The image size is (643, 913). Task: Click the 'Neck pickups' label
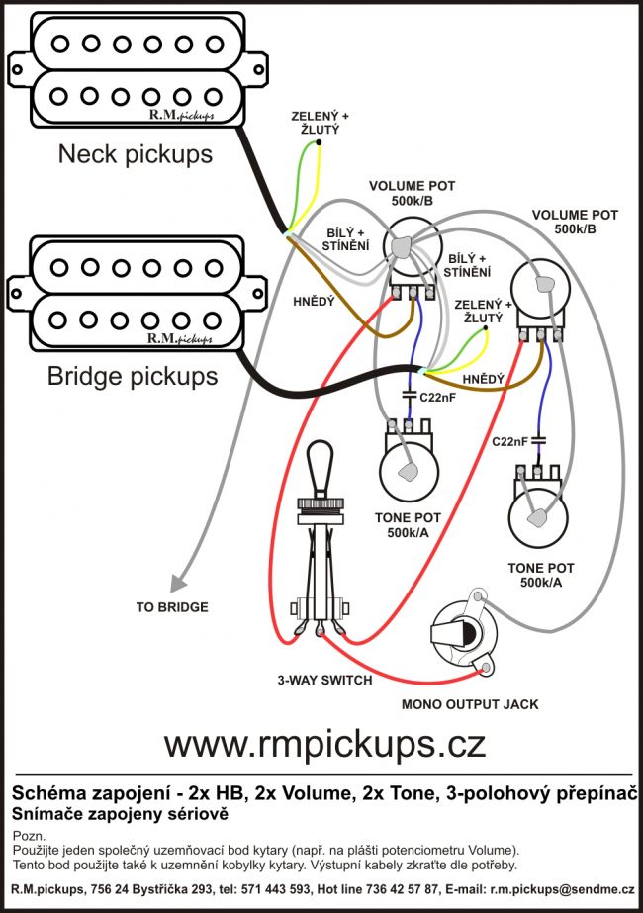pos(135,154)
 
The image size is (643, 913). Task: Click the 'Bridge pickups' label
pos(133,377)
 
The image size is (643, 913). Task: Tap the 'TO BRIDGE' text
pos(172,606)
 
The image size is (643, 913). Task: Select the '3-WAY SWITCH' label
pos(324,681)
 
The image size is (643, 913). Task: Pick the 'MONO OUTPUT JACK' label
pos(469,704)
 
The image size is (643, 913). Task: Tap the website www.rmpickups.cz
pos(323,743)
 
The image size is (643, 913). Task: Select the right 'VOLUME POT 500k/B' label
pos(575,222)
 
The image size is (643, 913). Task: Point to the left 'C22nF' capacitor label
pos(438,397)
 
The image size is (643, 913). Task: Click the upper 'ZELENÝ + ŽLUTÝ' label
pos(320,123)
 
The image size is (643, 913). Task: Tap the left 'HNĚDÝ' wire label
pos(314,300)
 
